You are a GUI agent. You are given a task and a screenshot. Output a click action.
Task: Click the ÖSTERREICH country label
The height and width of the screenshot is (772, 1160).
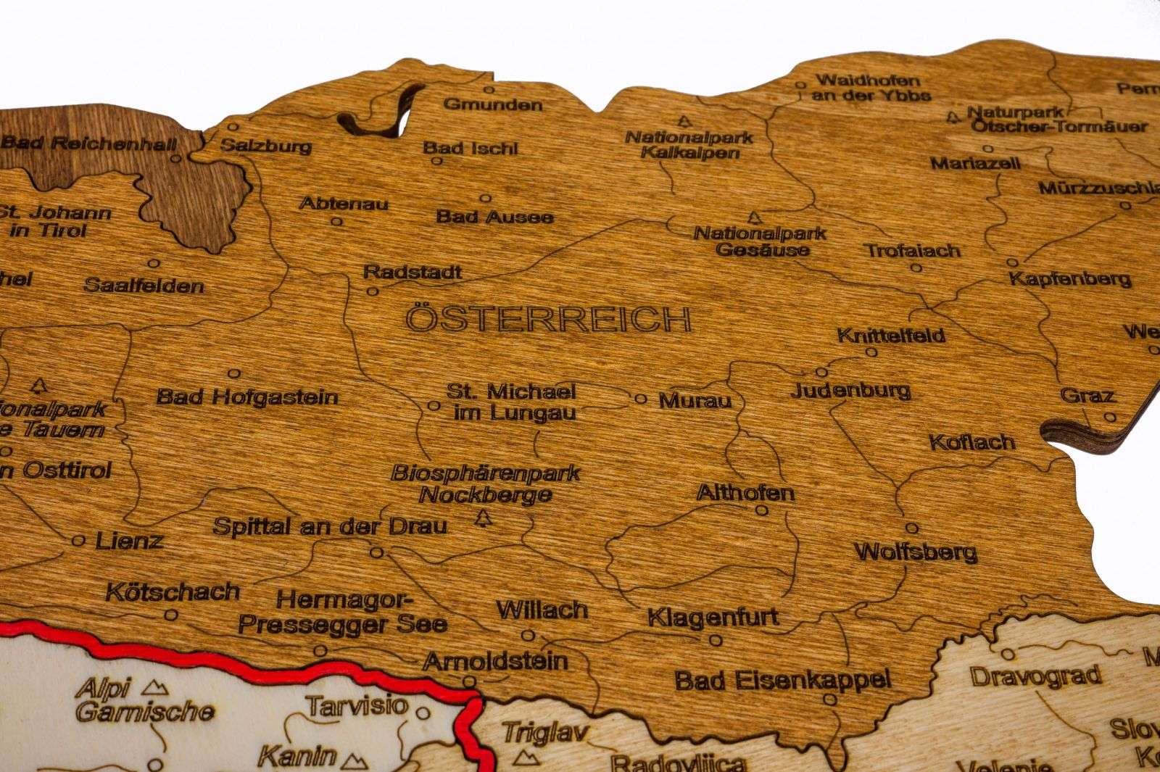click(548, 319)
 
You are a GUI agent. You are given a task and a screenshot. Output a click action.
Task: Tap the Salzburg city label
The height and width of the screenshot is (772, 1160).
click(266, 146)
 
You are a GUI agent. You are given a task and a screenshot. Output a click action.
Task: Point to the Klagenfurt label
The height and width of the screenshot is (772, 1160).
click(713, 618)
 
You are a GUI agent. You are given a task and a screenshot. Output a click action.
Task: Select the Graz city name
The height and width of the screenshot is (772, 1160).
click(1087, 396)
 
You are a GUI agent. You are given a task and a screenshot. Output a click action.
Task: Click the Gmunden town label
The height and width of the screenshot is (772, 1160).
click(492, 104)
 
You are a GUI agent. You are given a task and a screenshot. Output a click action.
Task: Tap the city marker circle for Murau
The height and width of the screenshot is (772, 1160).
click(640, 399)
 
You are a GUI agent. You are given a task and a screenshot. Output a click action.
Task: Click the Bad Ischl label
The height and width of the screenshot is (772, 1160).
click(471, 149)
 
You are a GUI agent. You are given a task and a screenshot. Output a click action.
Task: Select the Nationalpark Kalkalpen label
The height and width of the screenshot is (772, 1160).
click(689, 144)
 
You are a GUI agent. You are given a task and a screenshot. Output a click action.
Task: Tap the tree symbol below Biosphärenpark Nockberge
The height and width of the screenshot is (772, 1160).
click(484, 518)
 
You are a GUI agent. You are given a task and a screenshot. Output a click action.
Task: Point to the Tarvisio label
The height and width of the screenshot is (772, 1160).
click(356, 706)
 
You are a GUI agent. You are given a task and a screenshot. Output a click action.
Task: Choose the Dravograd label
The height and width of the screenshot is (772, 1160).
click(1035, 677)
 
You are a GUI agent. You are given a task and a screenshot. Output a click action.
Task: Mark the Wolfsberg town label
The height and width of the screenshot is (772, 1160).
click(916, 552)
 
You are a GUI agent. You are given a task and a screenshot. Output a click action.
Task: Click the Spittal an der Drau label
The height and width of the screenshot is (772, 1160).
click(330, 526)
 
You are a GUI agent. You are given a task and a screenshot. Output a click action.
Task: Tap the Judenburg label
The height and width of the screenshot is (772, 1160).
click(850, 391)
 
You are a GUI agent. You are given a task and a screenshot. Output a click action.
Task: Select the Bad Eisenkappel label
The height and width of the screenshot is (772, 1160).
click(782, 680)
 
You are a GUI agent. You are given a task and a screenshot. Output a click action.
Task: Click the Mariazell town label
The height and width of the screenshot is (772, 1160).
click(974, 163)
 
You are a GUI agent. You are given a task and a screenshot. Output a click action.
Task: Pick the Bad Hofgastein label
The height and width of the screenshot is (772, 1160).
click(247, 397)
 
